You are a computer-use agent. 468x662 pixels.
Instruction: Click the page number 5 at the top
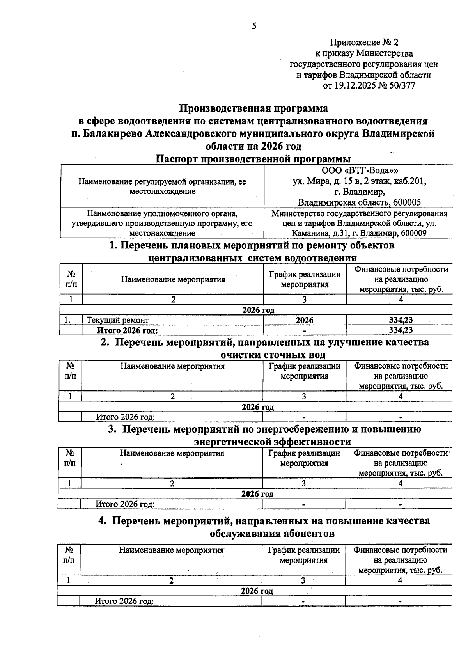point(254,26)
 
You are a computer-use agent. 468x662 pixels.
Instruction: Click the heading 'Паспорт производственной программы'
point(253,159)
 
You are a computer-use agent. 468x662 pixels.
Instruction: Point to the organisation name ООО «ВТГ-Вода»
point(360,171)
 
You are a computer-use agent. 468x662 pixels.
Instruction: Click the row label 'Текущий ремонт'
point(118,320)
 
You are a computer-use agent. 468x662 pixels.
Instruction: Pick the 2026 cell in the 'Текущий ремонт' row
point(305,320)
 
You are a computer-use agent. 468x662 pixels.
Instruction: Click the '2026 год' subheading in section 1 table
point(258,310)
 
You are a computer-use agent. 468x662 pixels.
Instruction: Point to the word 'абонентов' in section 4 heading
point(310,534)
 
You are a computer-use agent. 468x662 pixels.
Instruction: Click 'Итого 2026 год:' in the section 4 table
point(124,601)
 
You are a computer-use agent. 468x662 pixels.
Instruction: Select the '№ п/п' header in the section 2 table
point(70,371)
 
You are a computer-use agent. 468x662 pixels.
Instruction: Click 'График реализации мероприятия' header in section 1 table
point(305,279)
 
